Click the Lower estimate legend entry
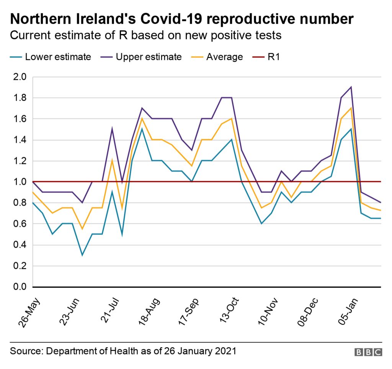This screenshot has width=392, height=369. (58, 57)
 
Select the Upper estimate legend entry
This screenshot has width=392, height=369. (149, 57)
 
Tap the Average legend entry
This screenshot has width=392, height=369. (224, 57)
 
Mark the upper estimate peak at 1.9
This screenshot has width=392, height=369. (351, 87)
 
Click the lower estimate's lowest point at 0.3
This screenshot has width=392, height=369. (82, 255)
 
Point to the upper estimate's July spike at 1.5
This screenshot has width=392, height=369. (112, 129)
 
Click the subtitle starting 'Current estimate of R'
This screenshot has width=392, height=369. (145, 36)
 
